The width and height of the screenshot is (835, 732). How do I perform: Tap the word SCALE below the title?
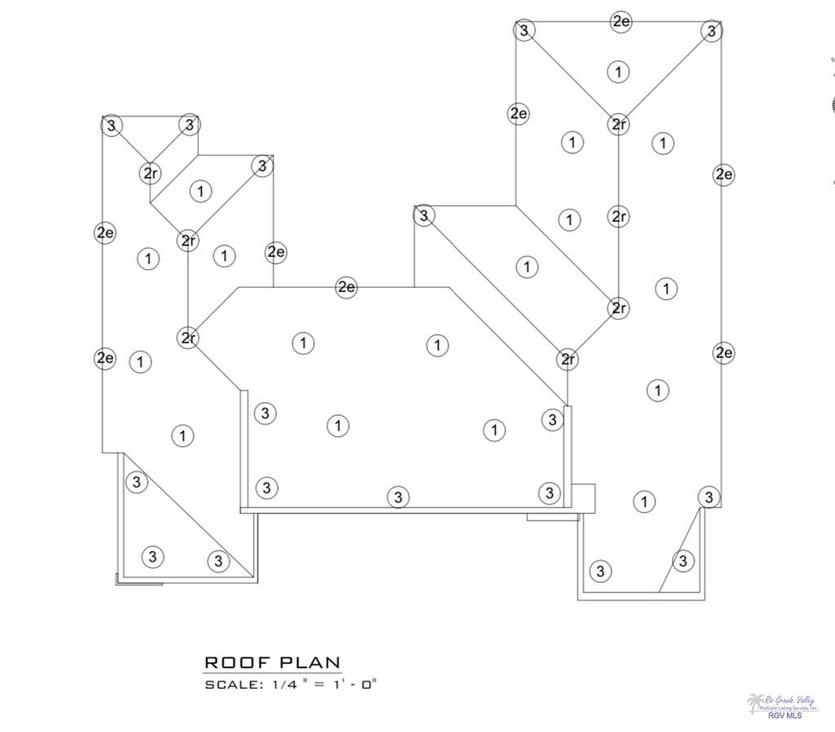(232, 685)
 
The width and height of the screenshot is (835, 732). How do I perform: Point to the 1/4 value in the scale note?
(284, 685)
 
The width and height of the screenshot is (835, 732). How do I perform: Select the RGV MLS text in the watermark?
(784, 716)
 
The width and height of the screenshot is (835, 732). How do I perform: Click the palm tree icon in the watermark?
(755, 703)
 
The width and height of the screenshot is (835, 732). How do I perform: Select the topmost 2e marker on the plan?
(621, 21)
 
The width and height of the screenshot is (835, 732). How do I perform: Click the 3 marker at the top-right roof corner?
(712, 31)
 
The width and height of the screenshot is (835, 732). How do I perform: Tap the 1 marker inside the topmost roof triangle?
(618, 72)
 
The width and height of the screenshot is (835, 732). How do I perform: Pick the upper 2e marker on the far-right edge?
(723, 174)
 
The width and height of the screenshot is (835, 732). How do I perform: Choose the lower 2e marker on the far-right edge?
(723, 353)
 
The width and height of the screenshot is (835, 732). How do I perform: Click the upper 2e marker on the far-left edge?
(105, 233)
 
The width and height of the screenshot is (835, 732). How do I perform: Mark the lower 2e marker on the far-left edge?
(105, 357)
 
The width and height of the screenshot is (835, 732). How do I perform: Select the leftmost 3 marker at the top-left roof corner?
(112, 125)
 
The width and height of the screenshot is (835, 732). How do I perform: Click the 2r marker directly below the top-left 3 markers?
(150, 173)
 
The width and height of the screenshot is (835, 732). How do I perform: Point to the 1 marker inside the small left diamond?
(200, 191)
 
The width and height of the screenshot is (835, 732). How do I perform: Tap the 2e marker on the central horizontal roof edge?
(347, 286)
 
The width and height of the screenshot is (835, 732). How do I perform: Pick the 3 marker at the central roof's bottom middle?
(397, 496)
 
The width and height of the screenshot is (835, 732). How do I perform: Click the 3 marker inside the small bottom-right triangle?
(683, 561)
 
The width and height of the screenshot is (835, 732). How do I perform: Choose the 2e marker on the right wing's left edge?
(518, 113)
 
